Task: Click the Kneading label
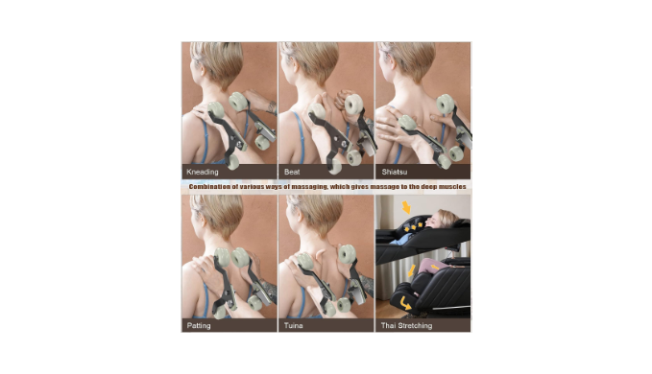click(x=202, y=172)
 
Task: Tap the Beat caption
click(x=292, y=172)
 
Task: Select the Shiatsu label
click(x=395, y=172)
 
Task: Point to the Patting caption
click(x=199, y=325)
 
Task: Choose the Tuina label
click(x=293, y=325)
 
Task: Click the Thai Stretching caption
click(x=406, y=325)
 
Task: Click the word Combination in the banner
click(x=209, y=187)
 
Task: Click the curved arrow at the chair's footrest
click(x=404, y=303)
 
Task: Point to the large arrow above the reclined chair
click(x=406, y=207)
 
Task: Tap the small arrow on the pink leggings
click(x=434, y=267)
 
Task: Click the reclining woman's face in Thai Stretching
click(x=436, y=221)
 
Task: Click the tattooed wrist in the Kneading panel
click(x=272, y=107)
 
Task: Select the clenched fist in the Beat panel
click(x=342, y=100)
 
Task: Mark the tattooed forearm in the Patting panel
click(x=269, y=291)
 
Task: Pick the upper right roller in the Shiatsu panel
click(x=445, y=104)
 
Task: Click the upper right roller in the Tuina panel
click(x=347, y=253)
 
